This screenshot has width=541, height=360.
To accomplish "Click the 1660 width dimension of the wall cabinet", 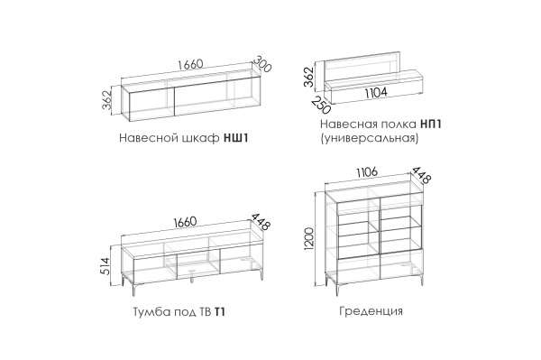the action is (190, 65).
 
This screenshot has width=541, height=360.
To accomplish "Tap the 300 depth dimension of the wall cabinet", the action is (262, 64).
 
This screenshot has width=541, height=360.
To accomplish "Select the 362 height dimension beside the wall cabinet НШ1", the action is (107, 100).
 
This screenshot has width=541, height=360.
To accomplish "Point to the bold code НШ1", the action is (236, 138).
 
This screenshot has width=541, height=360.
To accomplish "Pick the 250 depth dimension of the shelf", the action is (321, 105).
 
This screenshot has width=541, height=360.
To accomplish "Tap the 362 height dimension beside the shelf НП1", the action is (308, 77).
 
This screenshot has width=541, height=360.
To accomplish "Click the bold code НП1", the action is (431, 124).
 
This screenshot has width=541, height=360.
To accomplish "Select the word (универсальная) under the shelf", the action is (369, 138).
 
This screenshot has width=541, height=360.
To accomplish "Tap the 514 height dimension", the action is (106, 266).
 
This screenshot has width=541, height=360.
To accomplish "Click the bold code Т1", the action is (220, 312).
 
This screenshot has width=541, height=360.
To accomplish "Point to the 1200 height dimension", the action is (309, 238).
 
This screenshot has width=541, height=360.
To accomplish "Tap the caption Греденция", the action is (371, 311).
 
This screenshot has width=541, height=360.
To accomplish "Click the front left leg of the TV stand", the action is (134, 289).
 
